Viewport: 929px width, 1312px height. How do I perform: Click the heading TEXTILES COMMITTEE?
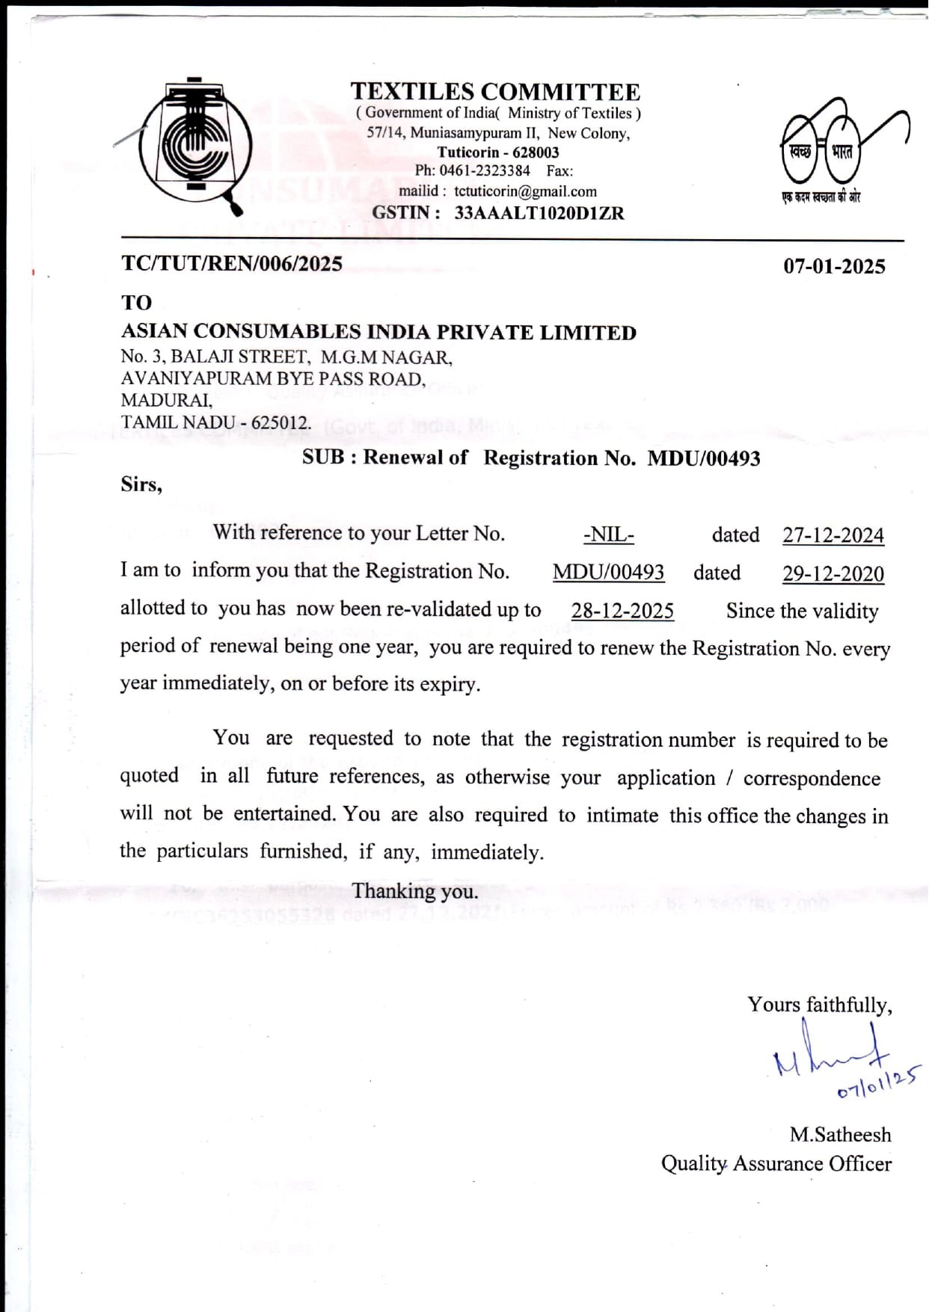click(x=495, y=92)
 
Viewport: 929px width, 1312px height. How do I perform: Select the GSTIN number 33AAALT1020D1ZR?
click(x=539, y=213)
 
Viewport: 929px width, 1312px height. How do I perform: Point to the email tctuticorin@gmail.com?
click(x=525, y=191)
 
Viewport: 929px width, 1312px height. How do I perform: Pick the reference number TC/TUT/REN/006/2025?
click(x=232, y=264)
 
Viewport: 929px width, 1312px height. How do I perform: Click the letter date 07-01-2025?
click(x=834, y=267)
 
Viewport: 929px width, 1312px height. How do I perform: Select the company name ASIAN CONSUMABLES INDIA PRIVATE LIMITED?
click(x=378, y=333)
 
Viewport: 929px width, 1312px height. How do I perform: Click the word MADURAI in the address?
click(x=166, y=401)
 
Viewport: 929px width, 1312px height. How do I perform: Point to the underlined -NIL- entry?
click(x=608, y=535)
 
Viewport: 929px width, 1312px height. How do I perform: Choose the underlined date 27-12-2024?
click(x=833, y=535)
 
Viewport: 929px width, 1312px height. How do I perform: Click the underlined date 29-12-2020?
click(x=833, y=573)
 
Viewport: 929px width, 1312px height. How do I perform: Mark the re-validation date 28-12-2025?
click(x=622, y=611)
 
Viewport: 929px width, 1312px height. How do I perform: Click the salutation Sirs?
click(x=141, y=484)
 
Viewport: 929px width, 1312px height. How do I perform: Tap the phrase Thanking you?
click(x=415, y=891)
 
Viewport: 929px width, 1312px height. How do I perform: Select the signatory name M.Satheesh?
click(x=840, y=1135)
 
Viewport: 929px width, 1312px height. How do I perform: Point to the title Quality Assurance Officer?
click(x=776, y=1164)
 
